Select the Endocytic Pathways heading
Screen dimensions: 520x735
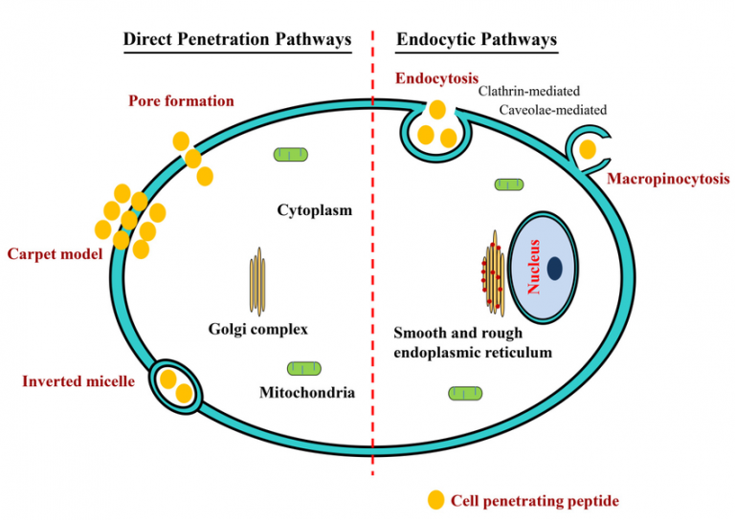(x=476, y=39)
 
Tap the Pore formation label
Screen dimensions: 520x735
(x=181, y=100)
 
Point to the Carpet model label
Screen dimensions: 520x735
(x=54, y=254)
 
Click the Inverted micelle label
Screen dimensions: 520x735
(x=78, y=382)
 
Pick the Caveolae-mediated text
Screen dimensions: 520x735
(x=552, y=110)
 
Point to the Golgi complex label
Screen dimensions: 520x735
(x=257, y=330)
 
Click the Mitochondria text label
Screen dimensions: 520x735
(x=307, y=392)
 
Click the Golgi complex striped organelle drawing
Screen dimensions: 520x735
(x=256, y=282)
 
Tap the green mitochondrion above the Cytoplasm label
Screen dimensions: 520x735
(x=290, y=154)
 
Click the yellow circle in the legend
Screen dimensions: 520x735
(x=435, y=499)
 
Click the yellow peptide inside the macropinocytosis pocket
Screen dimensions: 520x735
(x=587, y=149)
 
